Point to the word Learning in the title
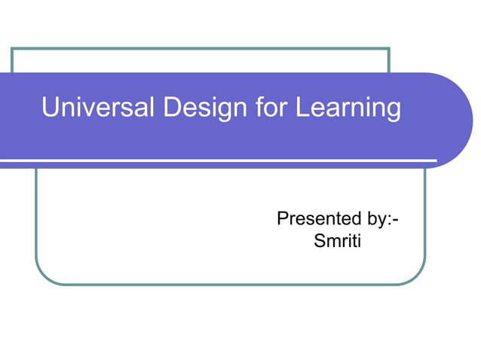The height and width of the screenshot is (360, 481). point(348,108)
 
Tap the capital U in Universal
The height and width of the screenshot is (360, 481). point(51,108)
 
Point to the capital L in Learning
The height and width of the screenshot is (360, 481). point(302,108)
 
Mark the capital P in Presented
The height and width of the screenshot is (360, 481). point(283,219)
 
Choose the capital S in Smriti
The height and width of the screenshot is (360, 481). point(317,242)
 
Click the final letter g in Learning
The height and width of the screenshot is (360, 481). point(393,111)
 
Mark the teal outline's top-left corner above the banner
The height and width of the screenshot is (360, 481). point(12,49)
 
